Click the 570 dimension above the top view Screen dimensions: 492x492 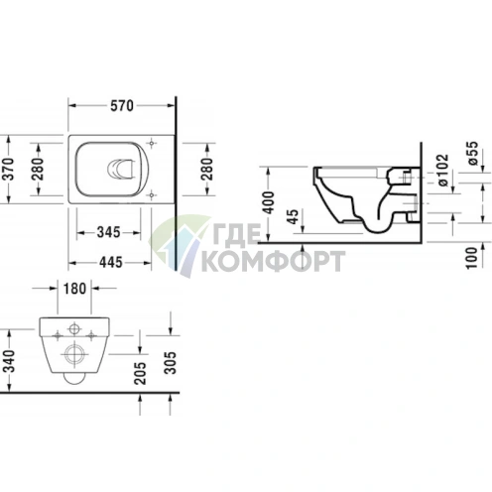[x=121, y=106]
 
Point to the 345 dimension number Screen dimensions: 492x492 [x=109, y=233]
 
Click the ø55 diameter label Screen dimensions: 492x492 [x=472, y=153]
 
